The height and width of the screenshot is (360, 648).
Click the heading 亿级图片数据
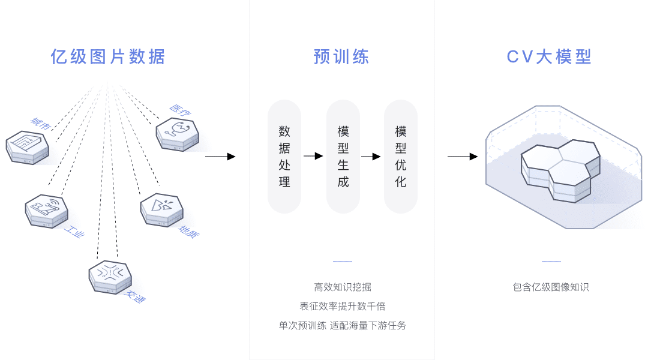tap(108, 57)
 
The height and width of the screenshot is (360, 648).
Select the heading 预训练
tap(341, 57)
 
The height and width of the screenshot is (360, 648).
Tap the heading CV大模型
tap(549, 57)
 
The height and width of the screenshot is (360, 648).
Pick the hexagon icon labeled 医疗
tap(177, 134)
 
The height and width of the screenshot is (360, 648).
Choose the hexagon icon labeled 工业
tap(46, 211)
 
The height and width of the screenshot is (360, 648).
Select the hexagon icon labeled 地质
tap(161, 209)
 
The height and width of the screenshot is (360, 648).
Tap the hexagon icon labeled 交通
tap(110, 277)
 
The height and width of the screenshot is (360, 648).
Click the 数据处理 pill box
tap(284, 157)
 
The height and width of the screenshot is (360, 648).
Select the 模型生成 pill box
tap(343, 157)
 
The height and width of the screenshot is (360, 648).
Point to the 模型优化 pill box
tap(401, 157)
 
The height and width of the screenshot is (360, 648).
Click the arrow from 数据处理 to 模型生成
tap(314, 156)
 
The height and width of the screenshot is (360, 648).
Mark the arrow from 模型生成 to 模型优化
tap(371, 156)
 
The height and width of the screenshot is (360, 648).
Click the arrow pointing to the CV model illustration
tap(463, 157)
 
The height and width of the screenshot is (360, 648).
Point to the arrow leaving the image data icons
tap(220, 157)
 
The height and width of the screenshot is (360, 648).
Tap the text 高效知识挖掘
tap(343, 287)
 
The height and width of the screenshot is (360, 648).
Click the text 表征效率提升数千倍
tap(343, 307)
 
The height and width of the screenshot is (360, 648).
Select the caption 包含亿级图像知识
tap(551, 287)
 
